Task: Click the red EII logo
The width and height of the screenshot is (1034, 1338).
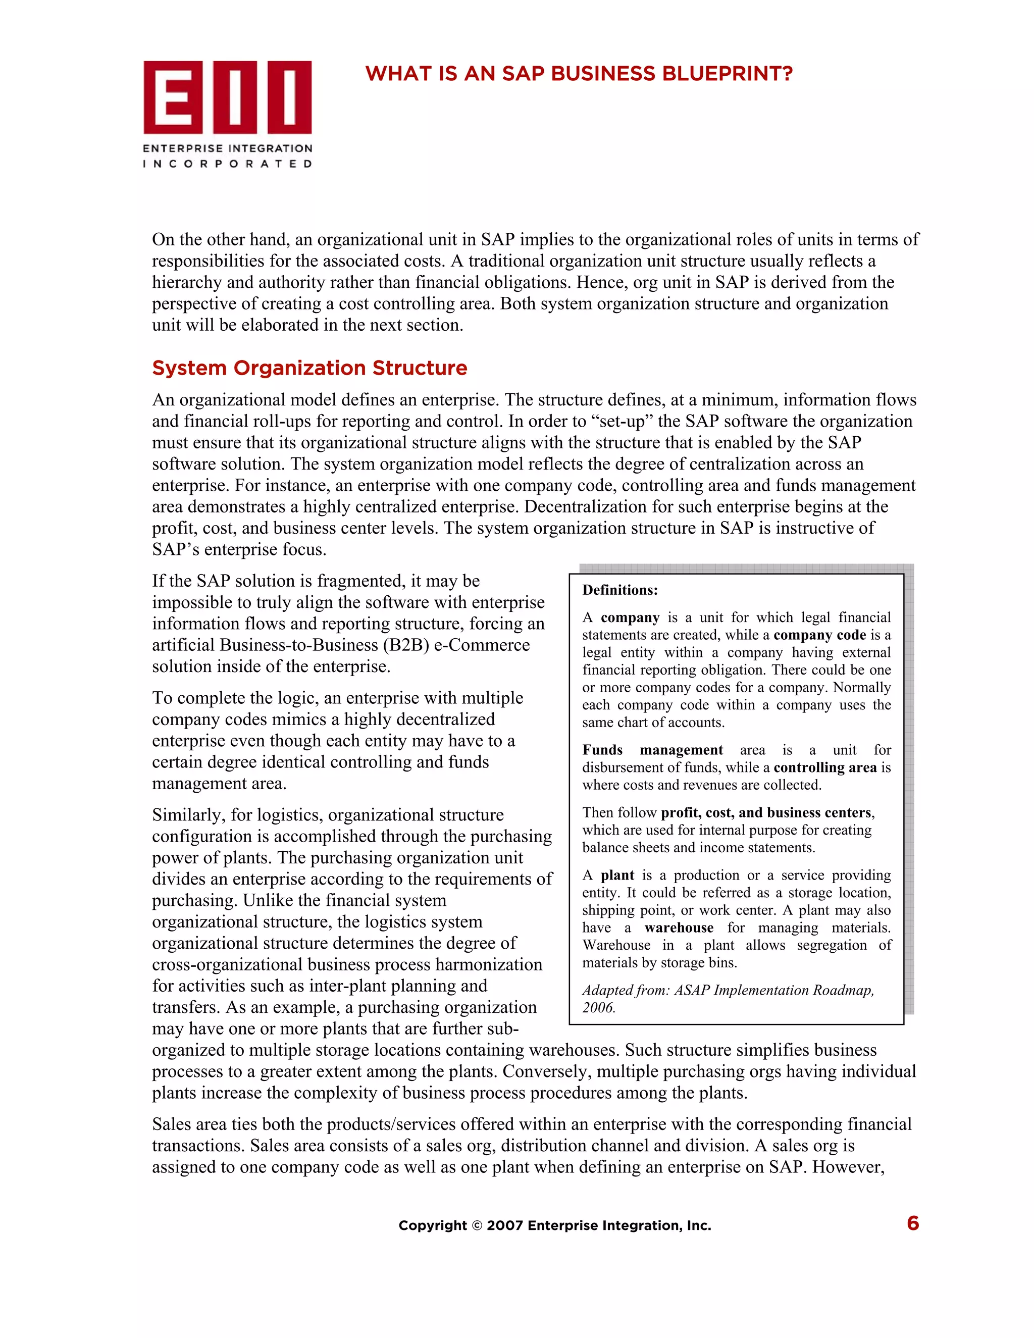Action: click(x=227, y=97)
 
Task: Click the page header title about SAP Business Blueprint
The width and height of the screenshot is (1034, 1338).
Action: click(x=579, y=74)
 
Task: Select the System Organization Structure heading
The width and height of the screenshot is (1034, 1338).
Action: click(x=309, y=368)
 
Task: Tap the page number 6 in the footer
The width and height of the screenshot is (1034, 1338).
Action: click(x=913, y=1223)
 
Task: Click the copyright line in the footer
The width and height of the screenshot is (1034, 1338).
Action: click(x=554, y=1225)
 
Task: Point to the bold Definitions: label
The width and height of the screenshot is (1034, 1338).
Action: click(x=620, y=590)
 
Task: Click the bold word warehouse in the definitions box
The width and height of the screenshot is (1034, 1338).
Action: click(x=679, y=928)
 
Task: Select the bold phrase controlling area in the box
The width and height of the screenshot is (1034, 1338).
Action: click(x=825, y=767)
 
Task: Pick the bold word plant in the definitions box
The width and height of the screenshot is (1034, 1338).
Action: click(x=617, y=875)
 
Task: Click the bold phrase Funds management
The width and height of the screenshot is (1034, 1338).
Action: click(x=652, y=750)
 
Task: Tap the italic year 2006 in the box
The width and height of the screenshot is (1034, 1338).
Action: click(x=598, y=1008)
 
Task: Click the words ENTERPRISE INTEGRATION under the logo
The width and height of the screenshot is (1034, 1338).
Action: click(x=227, y=148)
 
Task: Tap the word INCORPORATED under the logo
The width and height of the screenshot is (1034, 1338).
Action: click(x=227, y=164)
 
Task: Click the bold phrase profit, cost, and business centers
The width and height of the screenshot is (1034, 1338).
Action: click(x=766, y=812)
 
